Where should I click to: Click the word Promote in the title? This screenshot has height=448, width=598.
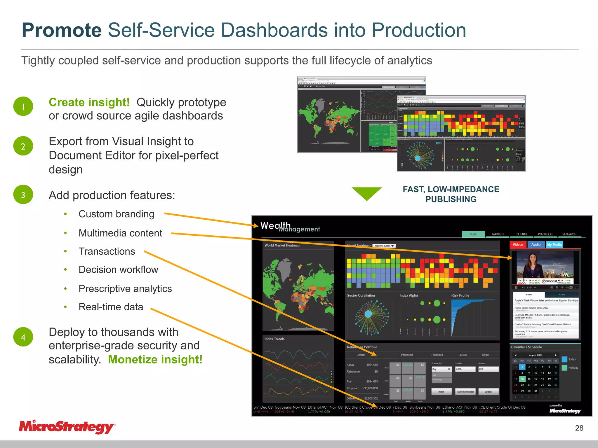point(62,30)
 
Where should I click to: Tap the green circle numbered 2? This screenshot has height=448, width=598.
point(23,146)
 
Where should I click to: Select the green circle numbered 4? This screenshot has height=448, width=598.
point(23,337)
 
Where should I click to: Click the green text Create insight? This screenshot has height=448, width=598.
point(89,102)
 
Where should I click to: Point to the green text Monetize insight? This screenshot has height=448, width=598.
point(155,359)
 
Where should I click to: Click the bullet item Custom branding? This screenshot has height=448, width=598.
point(116,214)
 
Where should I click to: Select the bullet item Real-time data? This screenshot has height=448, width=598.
point(111,307)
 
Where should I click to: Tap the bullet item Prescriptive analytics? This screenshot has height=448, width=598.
point(125,288)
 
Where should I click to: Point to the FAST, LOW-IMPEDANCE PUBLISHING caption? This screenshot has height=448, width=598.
point(451,194)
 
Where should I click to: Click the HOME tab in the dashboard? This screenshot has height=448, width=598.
point(473,234)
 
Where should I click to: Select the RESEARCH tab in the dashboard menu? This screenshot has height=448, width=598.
point(569,234)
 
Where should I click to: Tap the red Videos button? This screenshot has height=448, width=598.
point(518,245)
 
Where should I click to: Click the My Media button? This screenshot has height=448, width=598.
point(554,245)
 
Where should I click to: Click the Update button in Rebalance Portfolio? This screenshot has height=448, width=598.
point(488,392)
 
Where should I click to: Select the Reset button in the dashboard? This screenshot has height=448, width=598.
point(441,392)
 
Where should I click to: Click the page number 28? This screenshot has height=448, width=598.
point(579,428)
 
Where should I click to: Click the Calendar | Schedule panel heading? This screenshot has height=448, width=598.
point(526,347)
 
